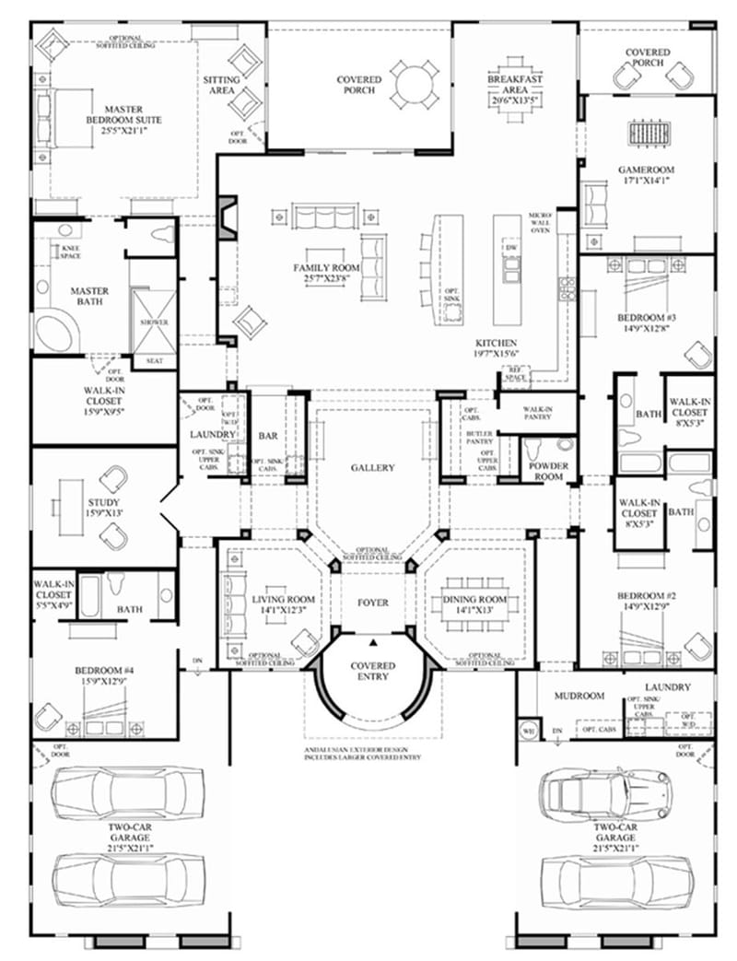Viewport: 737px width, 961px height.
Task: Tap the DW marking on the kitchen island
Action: [x=509, y=249]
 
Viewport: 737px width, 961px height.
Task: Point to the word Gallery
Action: [x=372, y=467]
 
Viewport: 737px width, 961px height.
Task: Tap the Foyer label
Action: [x=372, y=603]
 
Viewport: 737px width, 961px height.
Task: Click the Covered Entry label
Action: [x=372, y=671]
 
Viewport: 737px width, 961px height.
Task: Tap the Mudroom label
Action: [x=577, y=697]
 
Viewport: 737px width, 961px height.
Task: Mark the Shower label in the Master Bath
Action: [x=154, y=323]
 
